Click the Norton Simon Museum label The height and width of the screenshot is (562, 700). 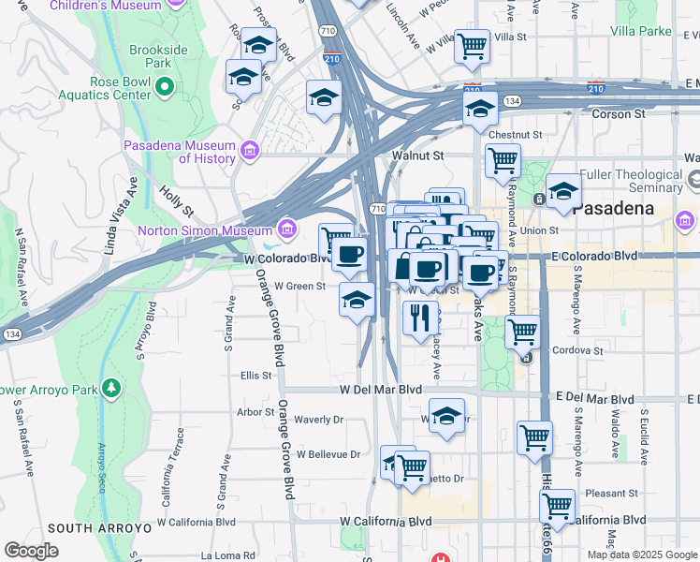pos(202,230)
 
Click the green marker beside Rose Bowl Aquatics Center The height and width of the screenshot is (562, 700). pos(165,88)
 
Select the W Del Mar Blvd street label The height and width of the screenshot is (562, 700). pos(375,390)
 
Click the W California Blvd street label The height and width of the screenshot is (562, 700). pos(386,521)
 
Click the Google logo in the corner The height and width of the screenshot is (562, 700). pos(31,551)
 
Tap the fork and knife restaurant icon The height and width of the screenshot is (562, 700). pos(420,317)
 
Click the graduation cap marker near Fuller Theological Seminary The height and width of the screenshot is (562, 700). pos(563,191)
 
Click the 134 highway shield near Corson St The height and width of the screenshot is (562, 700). pos(512,99)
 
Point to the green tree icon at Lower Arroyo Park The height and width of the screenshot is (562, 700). pos(111,387)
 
